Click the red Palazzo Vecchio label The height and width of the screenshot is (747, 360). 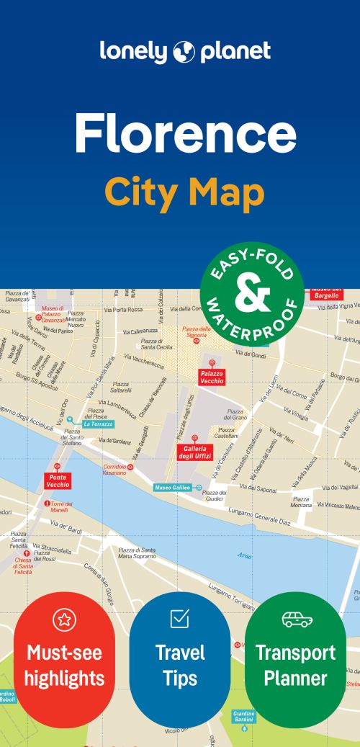(x=212, y=377)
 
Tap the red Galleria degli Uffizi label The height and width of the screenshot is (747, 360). (x=194, y=452)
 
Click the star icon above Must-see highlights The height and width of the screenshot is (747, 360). (x=63, y=619)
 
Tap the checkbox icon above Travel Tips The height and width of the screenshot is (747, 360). (x=179, y=618)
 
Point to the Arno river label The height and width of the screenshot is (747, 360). (x=244, y=555)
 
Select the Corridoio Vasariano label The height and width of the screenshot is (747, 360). (x=114, y=470)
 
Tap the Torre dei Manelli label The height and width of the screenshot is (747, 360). (x=61, y=506)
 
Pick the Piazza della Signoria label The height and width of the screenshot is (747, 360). (x=197, y=332)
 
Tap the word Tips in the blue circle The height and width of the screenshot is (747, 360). (x=179, y=677)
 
